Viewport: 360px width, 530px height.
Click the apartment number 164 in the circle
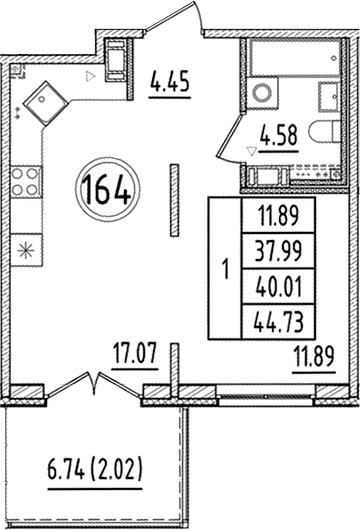[x=105, y=189]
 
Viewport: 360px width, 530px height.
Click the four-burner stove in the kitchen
[x=25, y=183]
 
